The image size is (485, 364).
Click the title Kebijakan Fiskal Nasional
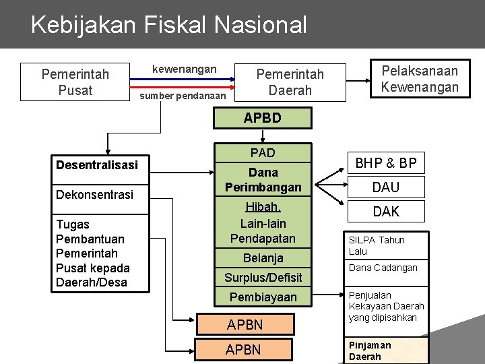click(168, 25)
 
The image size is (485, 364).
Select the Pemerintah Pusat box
click(75, 82)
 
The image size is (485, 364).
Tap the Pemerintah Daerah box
click(290, 82)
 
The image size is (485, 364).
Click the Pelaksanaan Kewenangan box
click(420, 79)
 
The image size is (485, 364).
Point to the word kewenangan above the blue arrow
click(185, 69)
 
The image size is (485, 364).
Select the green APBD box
click(263, 118)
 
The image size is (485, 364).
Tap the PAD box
click(263, 153)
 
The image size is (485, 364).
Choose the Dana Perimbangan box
click(263, 179)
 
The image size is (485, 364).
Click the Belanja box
click(263, 257)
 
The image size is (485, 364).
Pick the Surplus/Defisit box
click(263, 277)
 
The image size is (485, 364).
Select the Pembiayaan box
click(263, 297)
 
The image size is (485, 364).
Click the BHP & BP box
click(386, 162)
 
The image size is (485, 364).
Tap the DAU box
click(386, 187)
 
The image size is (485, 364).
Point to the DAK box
click(386, 212)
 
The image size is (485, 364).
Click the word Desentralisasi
click(97, 165)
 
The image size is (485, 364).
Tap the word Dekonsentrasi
click(95, 195)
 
